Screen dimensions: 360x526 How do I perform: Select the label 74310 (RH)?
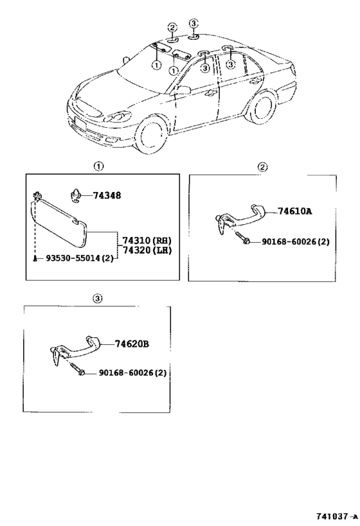coord(147,241)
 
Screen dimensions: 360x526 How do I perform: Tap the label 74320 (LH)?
coord(147,250)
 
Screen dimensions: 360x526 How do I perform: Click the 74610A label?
coord(294,211)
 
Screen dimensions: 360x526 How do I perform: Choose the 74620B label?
coord(132,344)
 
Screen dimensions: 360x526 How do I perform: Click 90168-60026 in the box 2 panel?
coord(291,241)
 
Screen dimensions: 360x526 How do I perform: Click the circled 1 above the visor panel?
coord(98,166)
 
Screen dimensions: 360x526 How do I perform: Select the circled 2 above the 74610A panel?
coord(263,167)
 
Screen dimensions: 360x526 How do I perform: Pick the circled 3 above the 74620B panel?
coord(97,299)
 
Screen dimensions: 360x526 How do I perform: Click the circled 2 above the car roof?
coord(172,28)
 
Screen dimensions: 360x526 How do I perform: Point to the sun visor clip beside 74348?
coord(76,196)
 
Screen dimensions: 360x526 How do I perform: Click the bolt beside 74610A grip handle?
coord(243,238)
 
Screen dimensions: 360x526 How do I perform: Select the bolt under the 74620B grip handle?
coord(78,369)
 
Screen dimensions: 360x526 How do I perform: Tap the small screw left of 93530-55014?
coord(35,258)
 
